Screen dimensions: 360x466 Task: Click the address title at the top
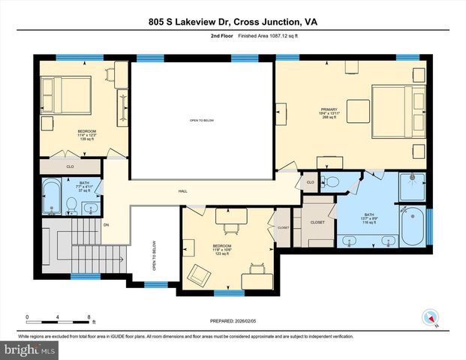[233, 22]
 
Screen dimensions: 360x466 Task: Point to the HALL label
[182, 190]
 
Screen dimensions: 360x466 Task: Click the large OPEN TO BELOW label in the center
[203, 121]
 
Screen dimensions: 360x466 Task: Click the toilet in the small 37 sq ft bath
[71, 203]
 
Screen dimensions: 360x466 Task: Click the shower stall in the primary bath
[412, 187]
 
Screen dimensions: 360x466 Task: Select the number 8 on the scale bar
[90, 317]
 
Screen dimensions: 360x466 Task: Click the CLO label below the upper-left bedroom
[70, 166]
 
